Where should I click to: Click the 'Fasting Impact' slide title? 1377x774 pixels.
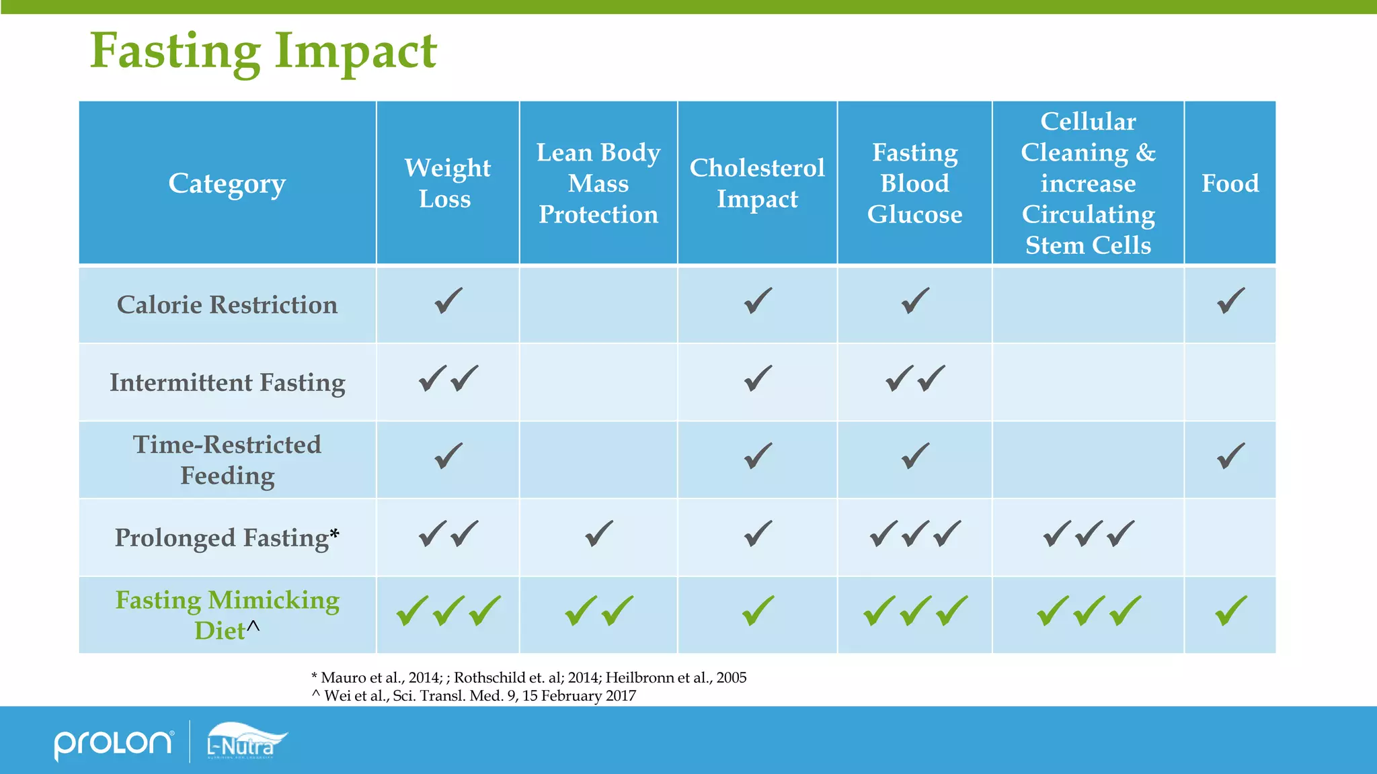click(264, 52)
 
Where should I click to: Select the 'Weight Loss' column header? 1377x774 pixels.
click(447, 183)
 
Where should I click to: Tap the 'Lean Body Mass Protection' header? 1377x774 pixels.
click(598, 183)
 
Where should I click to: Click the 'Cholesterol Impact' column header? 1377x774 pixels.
click(757, 183)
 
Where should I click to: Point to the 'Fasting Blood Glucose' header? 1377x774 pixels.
click(914, 183)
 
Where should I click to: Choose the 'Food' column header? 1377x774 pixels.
click(1230, 183)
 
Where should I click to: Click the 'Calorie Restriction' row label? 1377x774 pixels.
click(227, 305)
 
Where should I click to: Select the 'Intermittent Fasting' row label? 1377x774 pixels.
click(227, 383)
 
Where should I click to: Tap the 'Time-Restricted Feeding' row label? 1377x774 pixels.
click(227, 460)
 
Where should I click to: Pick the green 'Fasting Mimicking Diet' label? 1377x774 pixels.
click(227, 615)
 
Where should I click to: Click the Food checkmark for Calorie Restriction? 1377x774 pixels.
click(1230, 301)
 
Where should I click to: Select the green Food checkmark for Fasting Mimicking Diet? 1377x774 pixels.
click(1230, 611)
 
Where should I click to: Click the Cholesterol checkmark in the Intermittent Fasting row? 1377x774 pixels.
click(758, 379)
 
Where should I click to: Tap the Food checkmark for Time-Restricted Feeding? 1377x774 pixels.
click(1230, 456)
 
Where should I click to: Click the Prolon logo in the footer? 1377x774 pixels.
click(113, 743)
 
